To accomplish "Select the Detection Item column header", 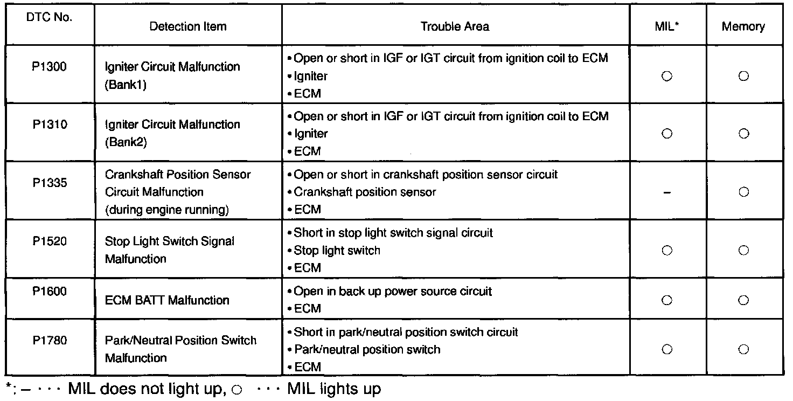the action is pyautogui.click(x=188, y=26).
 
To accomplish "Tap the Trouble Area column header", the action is pyautogui.click(x=455, y=26).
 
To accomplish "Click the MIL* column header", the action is pyautogui.click(x=666, y=26).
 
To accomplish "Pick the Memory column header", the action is pyautogui.click(x=743, y=26).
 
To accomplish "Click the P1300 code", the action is pyautogui.click(x=49, y=66).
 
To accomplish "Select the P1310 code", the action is pyautogui.click(x=49, y=125).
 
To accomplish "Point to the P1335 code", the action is pyautogui.click(x=49, y=183).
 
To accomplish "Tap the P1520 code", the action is pyautogui.click(x=49, y=241).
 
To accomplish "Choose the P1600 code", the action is pyautogui.click(x=49, y=291).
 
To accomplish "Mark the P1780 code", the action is pyautogui.click(x=49, y=341).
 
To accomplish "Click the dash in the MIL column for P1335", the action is pyautogui.click(x=667, y=192).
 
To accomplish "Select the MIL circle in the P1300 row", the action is pyautogui.click(x=667, y=76).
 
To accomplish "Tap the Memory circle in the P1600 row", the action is pyautogui.click(x=743, y=300).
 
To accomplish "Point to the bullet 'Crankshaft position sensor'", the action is pyautogui.click(x=365, y=192).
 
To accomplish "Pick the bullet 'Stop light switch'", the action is pyautogui.click(x=337, y=250).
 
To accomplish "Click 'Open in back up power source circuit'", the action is pyautogui.click(x=393, y=291).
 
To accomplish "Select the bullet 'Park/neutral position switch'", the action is pyautogui.click(x=367, y=349).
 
